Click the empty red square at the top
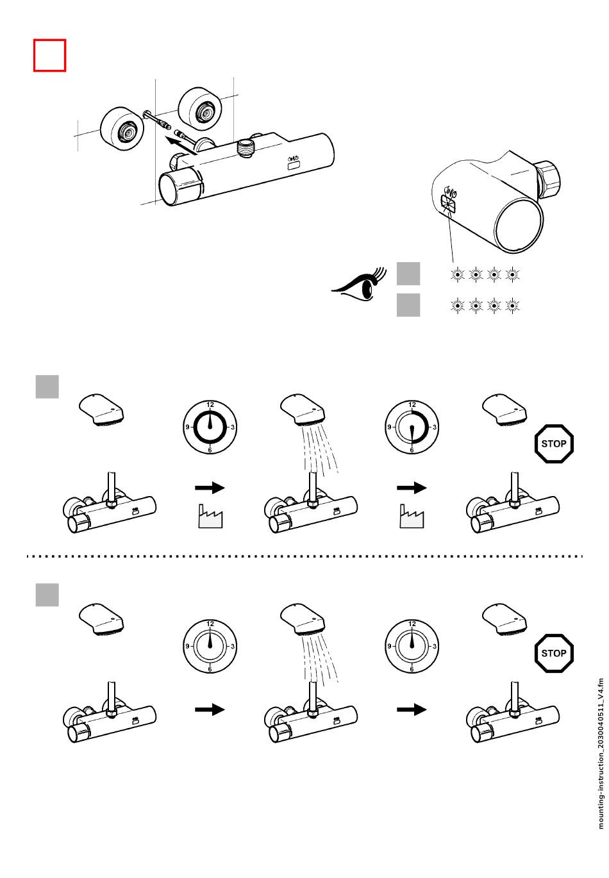pyautogui.click(x=49, y=55)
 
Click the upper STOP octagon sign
pyautogui.click(x=554, y=443)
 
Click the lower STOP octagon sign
pyautogui.click(x=554, y=653)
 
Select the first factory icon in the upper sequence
pyautogui.click(x=210, y=516)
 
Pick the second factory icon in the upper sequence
pyautogui.click(x=412, y=516)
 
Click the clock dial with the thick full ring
pyautogui.click(x=210, y=427)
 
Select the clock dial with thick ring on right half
pyautogui.click(x=412, y=427)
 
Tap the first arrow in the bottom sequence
pyautogui.click(x=210, y=709)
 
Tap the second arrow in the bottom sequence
pyautogui.click(x=412, y=709)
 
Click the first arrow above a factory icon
pyautogui.click(x=210, y=488)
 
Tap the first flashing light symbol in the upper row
pyautogui.click(x=457, y=275)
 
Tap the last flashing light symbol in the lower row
pyautogui.click(x=512, y=306)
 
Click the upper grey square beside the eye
pyautogui.click(x=408, y=274)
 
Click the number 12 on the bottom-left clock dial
pyautogui.click(x=210, y=624)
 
